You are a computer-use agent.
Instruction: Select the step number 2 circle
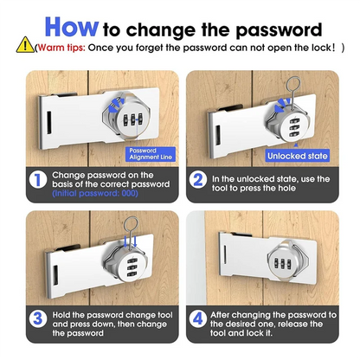200,180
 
